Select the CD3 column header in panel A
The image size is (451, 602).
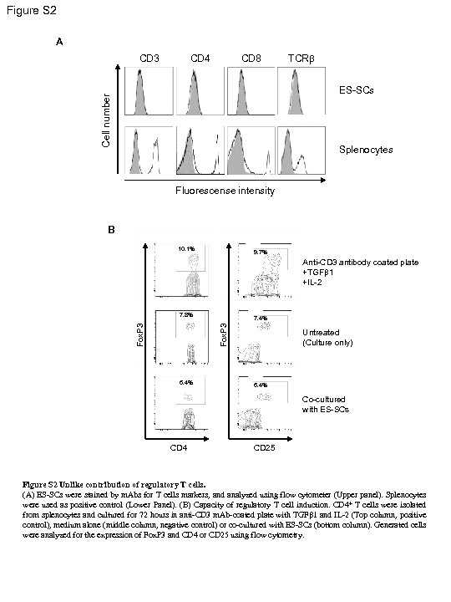pos(149,59)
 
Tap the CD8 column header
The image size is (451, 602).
pos(251,59)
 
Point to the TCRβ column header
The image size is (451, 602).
pos(301,59)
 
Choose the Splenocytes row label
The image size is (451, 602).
pos(363,150)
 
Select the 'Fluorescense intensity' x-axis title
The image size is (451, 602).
pos(225,191)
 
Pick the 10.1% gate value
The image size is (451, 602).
pos(185,248)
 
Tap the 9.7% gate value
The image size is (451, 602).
pos(260,251)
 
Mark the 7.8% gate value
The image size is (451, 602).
pos(185,315)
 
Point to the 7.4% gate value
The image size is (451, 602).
pos(260,319)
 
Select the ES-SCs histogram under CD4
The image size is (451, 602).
pos(200,87)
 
